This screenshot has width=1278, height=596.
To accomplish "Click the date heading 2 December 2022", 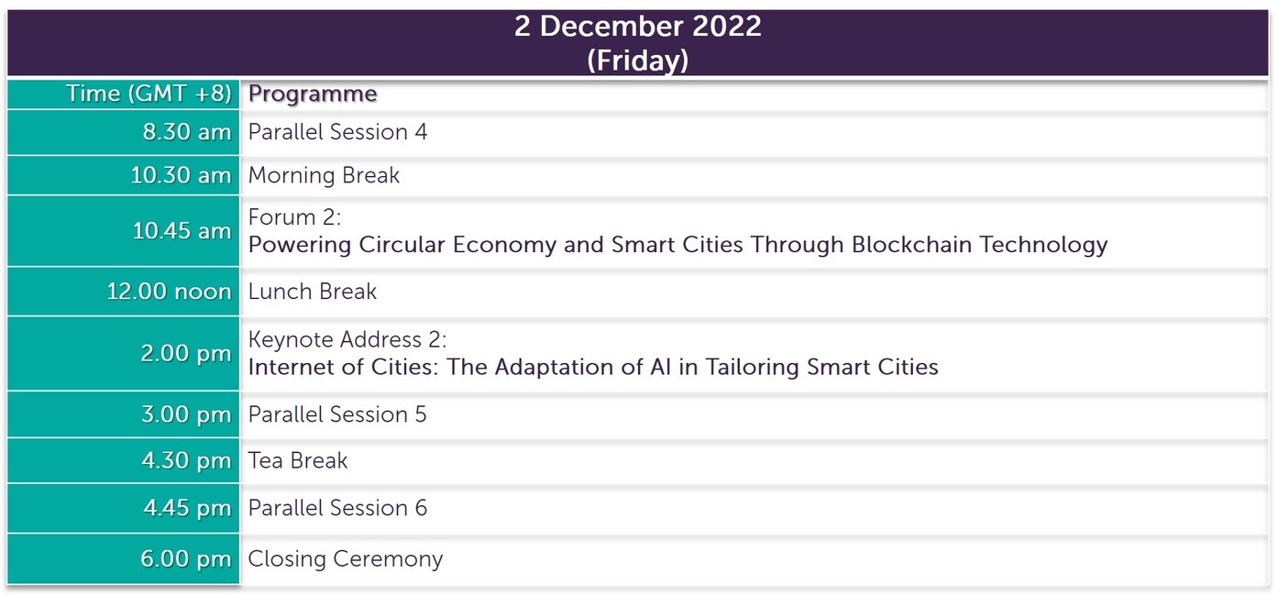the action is (638, 27).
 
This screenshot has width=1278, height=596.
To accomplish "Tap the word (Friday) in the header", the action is (638, 60).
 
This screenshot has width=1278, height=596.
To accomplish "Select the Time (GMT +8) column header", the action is (149, 94).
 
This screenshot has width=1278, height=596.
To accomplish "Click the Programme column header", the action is (313, 94).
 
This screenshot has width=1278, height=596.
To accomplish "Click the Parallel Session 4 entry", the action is (337, 132).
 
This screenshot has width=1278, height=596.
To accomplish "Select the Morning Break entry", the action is (324, 175).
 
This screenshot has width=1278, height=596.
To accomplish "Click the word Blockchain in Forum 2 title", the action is (911, 244).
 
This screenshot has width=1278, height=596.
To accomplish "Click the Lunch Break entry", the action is (313, 292).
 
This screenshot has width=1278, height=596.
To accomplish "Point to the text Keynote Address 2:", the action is (347, 339).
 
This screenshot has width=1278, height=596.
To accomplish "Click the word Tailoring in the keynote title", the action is (752, 367).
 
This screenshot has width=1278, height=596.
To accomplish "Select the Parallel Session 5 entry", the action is (337, 414).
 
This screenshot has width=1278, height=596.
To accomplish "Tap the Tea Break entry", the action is (298, 460).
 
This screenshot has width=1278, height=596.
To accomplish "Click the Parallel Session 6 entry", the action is (337, 507).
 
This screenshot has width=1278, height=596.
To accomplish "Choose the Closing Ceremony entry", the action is (346, 559).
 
